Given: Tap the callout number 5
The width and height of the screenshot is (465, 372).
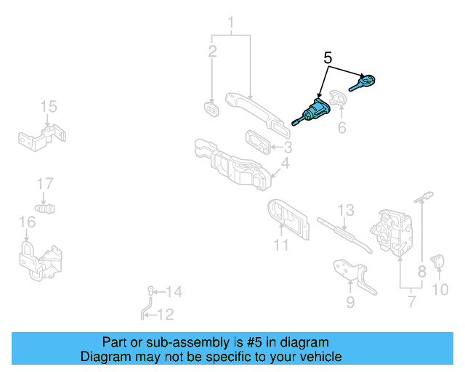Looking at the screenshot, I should pos(328,57).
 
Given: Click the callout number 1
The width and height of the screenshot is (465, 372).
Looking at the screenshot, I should pos(231,26).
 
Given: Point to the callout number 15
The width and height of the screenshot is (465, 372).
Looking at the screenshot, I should pos(47,108).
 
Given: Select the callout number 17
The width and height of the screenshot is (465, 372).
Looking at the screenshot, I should pos(45,182).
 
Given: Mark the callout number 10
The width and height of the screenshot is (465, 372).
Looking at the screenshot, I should pos(440,291).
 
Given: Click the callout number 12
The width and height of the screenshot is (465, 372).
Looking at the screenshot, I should pos(166,315).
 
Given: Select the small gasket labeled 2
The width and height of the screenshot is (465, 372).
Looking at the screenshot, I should pos(211,110).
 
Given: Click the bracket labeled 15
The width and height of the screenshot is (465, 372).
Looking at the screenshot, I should pos(42,136).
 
